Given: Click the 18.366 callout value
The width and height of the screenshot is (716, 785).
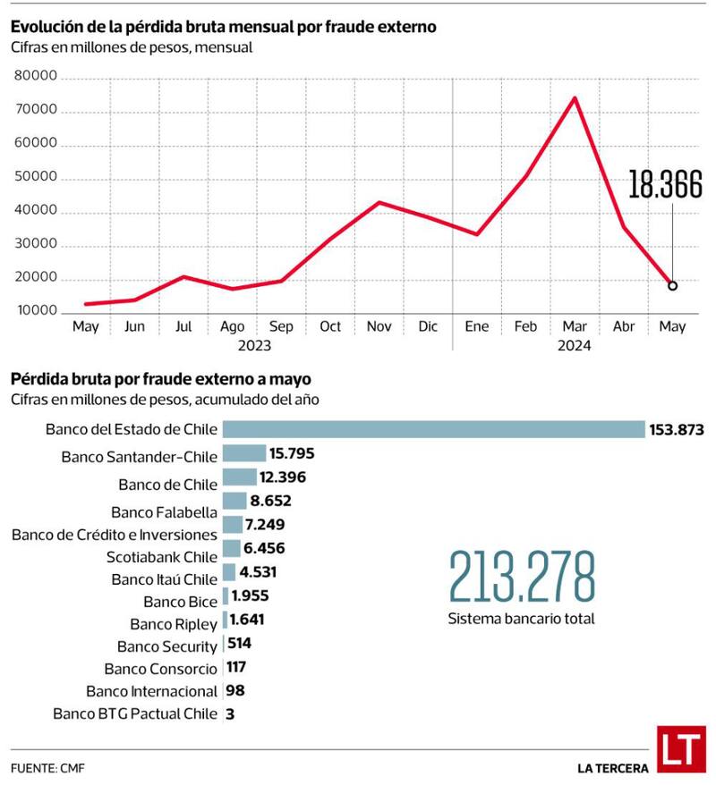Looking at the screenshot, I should pos(664,185).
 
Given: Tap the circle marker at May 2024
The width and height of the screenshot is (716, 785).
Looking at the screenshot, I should pos(672,286).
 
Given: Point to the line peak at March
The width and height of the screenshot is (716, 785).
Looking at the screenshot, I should pos(575,97).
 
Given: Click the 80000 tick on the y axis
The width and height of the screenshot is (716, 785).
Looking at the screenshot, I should pos(37,78).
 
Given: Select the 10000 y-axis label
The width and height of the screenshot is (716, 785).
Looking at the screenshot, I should pos(37,312).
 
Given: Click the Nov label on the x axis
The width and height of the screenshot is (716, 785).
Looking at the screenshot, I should pos(379,327).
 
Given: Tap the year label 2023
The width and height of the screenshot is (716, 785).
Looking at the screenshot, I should pos(254,344).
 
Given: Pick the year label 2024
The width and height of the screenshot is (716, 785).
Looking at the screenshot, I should pos(574,344).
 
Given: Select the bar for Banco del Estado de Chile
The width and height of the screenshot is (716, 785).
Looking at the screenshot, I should pos(433,429).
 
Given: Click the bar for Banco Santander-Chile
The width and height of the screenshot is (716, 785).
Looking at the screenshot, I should pos(243,453).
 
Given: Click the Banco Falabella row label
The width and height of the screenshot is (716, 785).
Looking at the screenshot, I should pos(164,512).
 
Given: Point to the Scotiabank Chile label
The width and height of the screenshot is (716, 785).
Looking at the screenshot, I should pos(162,557).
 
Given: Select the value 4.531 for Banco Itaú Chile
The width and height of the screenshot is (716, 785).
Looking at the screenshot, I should pos(261,572).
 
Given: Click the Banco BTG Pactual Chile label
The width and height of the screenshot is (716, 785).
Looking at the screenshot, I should pos(135,713).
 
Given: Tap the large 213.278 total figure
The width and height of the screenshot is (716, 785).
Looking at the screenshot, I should pos(522,578).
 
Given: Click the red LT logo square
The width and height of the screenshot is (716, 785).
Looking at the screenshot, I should pos(678,749).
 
